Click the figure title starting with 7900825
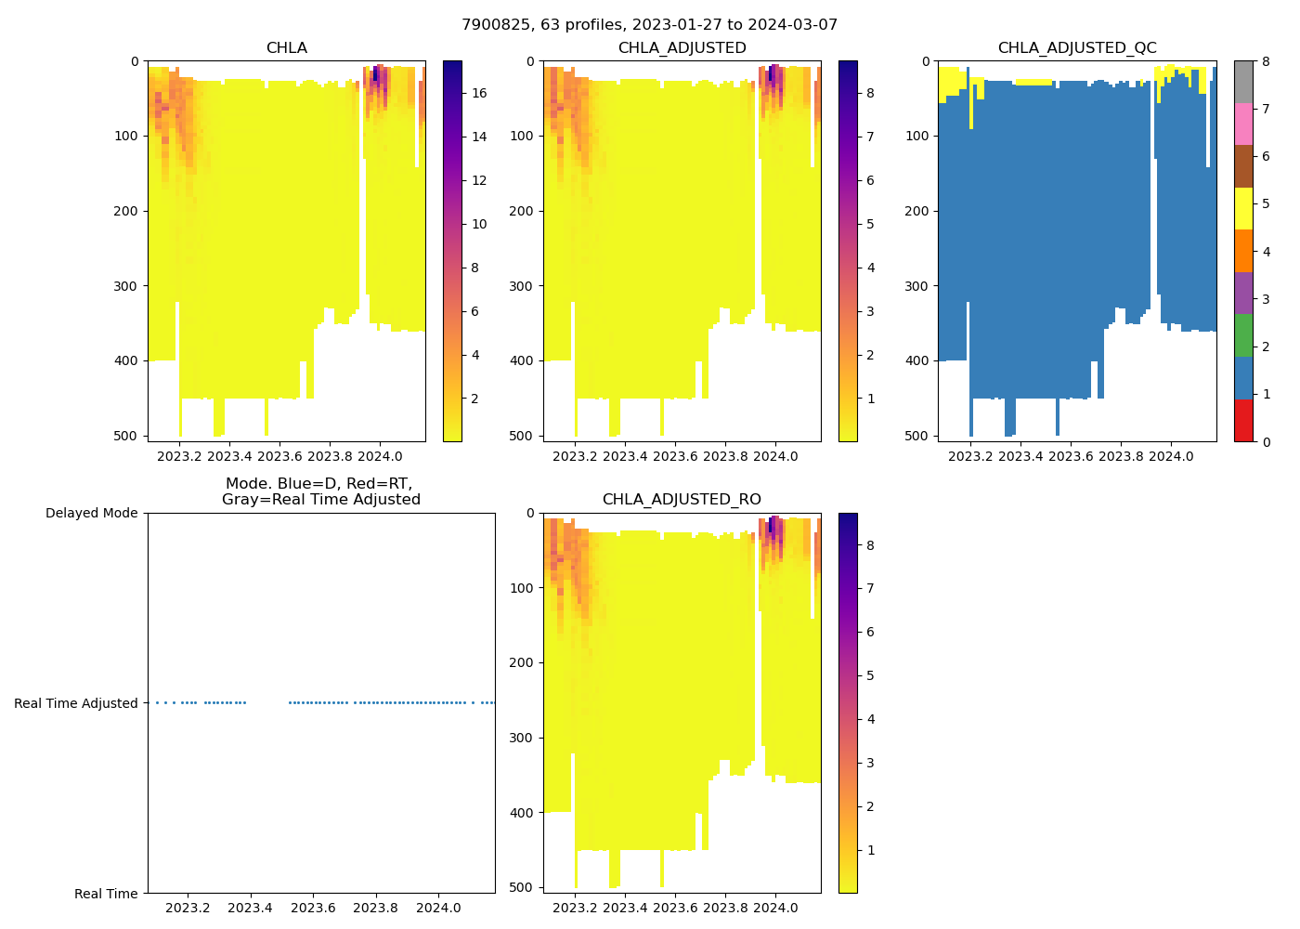point(649,25)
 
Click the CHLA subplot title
point(286,48)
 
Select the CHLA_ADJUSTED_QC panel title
point(1077,48)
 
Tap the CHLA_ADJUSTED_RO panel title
point(682,500)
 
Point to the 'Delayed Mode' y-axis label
point(91,513)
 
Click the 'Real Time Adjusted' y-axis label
point(76,703)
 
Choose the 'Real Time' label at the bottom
point(106,894)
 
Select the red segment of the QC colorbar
point(1243,420)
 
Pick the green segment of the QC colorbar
point(1243,334)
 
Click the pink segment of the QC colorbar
point(1243,124)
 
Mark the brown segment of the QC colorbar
point(1243,166)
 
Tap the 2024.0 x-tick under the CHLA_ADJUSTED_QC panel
point(1171,456)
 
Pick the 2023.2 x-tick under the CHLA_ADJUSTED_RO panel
point(575,908)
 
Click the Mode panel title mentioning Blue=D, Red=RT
point(320,491)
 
